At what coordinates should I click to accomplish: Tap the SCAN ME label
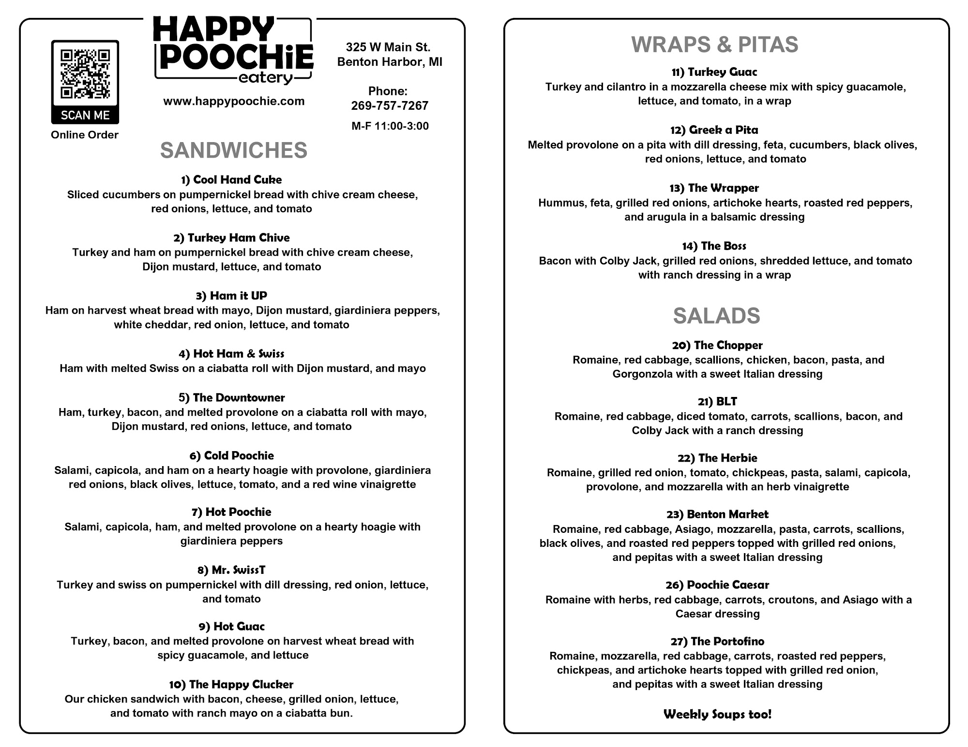(85, 115)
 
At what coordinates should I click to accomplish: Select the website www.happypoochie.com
(234, 101)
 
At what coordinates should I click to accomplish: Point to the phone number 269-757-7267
(390, 105)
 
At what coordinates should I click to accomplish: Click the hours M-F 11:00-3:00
(390, 126)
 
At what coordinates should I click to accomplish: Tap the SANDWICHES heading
(234, 150)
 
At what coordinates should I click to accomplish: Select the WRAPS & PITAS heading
(714, 45)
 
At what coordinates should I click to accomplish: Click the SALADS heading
(716, 316)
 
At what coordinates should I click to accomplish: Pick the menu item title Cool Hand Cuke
(231, 180)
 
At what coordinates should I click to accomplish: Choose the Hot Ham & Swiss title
(231, 353)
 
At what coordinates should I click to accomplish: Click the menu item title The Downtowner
(231, 397)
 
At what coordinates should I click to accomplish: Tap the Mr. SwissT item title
(231, 570)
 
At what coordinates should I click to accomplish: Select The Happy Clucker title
(231, 684)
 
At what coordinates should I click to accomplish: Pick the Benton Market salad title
(717, 514)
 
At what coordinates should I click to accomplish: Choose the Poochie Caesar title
(717, 585)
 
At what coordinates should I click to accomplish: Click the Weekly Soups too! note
(717, 714)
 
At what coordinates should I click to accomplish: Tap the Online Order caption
(85, 135)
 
